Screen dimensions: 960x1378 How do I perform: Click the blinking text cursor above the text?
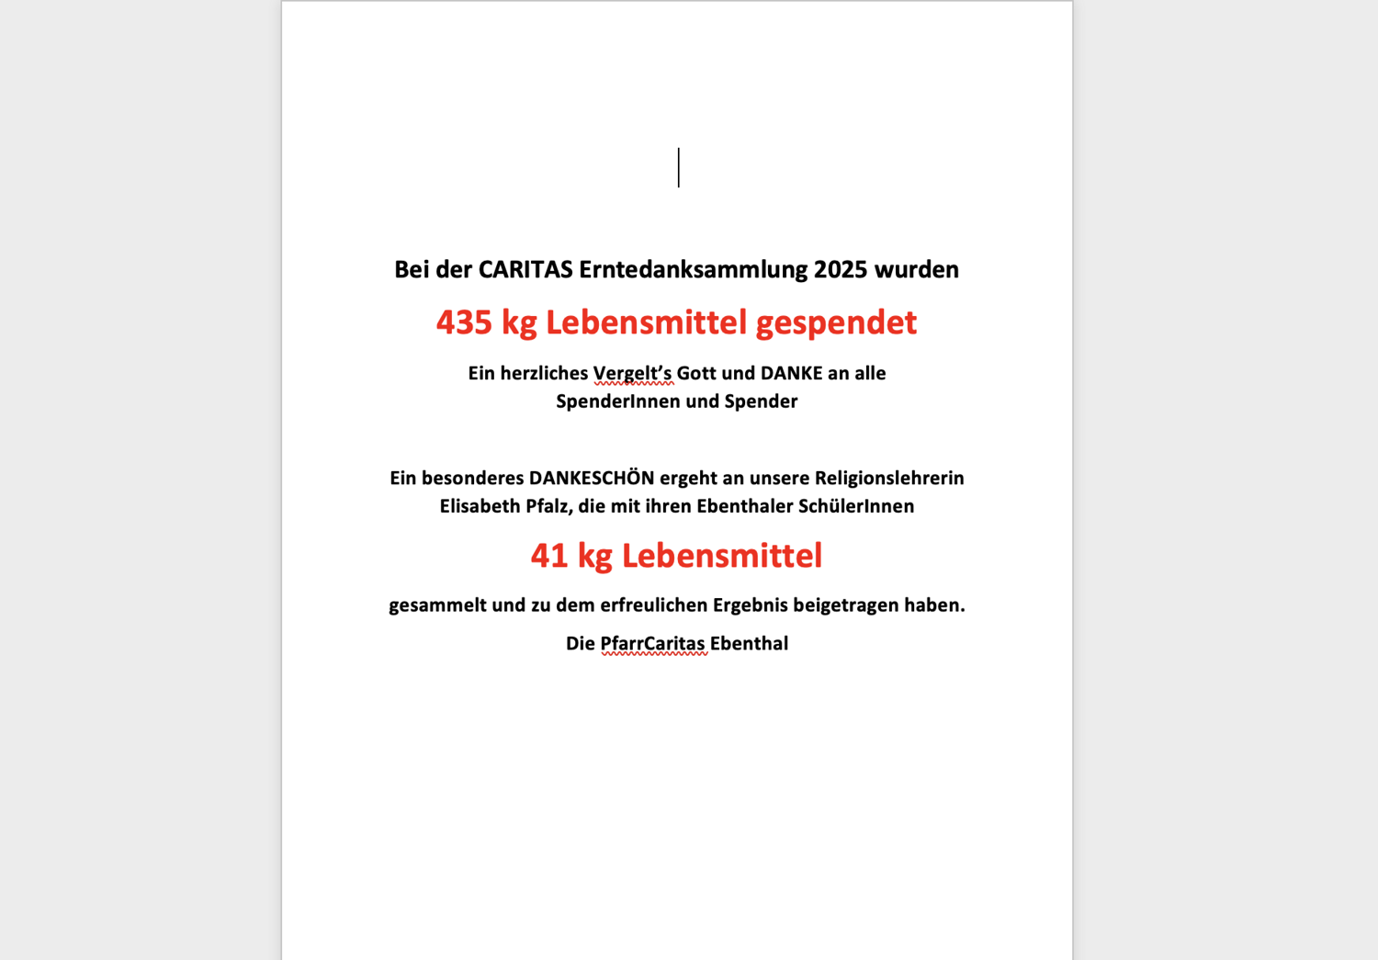pos(679,167)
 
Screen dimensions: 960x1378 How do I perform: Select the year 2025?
pos(841,269)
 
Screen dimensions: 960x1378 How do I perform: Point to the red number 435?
pos(464,322)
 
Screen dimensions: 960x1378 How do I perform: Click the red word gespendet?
pos(836,322)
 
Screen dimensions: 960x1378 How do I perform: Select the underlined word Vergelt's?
pos(632,373)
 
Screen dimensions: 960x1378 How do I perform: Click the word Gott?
pos(696,373)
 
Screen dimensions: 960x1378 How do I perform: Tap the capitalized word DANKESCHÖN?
pos(592,478)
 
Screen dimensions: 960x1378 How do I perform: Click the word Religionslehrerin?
pos(889,478)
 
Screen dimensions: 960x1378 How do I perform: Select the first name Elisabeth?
pos(480,506)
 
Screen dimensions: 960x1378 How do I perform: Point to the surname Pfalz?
pos(548,506)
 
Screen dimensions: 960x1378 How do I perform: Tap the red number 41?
pos(549,556)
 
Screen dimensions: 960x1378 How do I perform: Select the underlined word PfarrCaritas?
pos(653,644)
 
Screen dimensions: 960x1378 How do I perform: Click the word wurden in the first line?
pos(916,269)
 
